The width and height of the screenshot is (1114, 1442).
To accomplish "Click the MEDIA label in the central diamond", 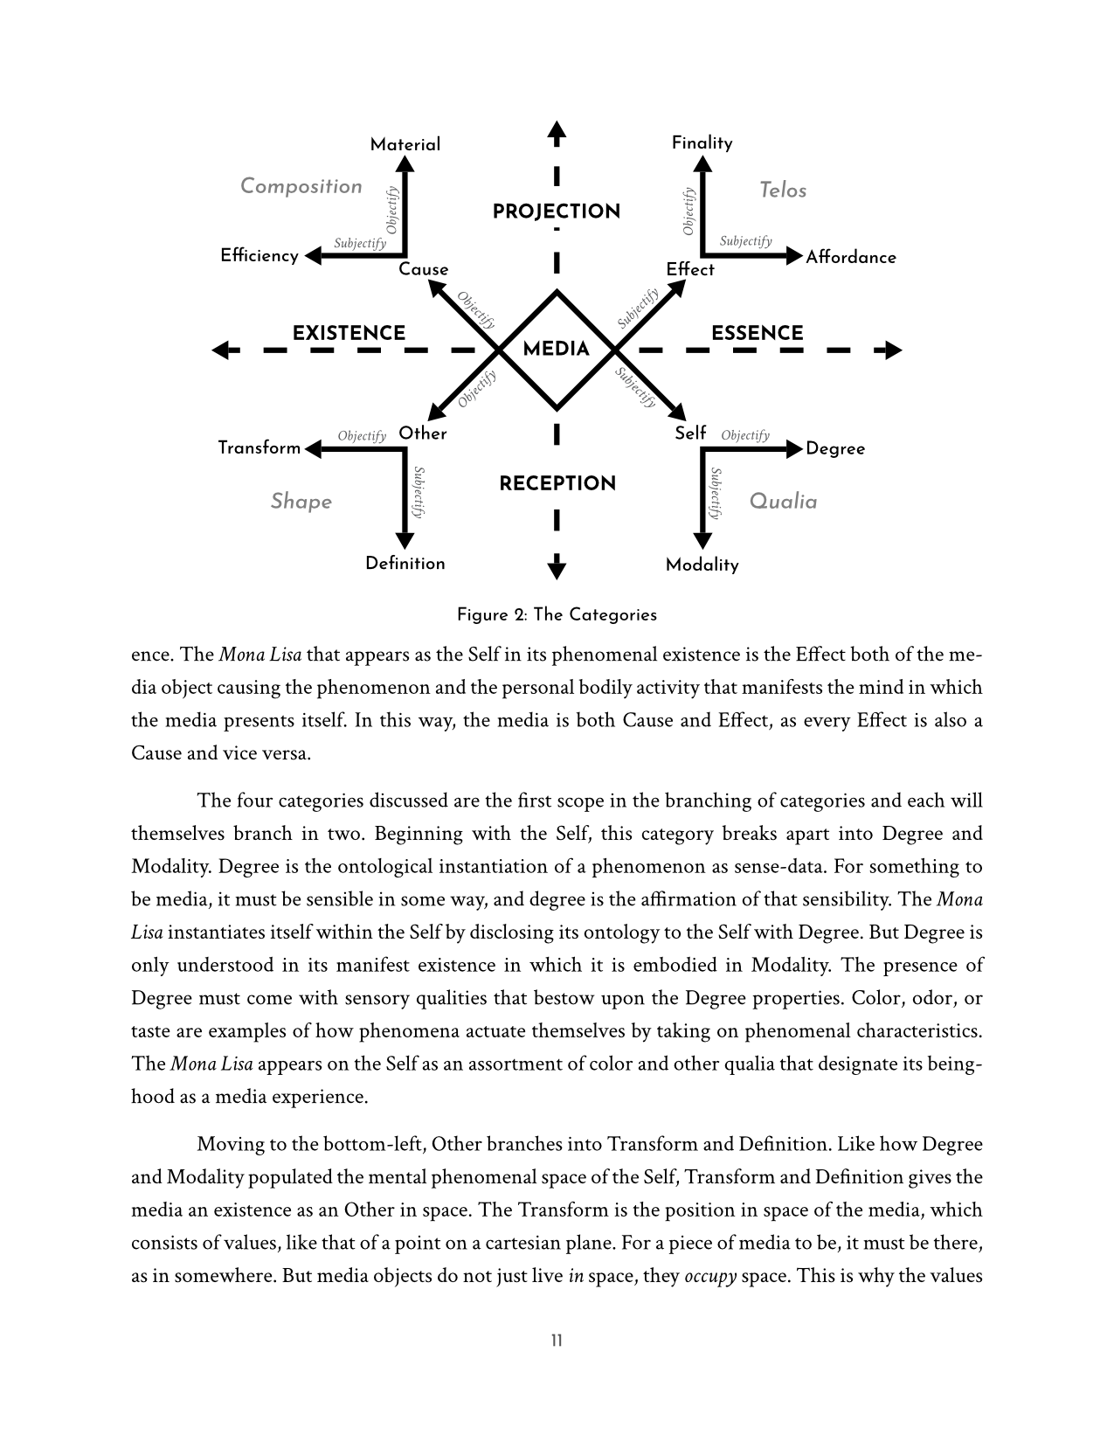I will coord(556,350).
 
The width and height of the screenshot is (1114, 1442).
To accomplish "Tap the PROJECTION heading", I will coord(556,211).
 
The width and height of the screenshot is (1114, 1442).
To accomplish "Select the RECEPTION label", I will coord(557,483).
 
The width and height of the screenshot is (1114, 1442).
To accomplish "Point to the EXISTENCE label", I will coord(349,333).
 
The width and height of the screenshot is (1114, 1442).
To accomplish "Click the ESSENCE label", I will coord(757,333).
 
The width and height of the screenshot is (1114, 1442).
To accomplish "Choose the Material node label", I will coord(405,144).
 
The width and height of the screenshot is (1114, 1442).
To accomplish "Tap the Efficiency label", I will coord(259,255).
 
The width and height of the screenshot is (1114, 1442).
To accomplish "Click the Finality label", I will coord(702,142).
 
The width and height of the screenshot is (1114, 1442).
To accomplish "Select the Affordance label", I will coord(851,257).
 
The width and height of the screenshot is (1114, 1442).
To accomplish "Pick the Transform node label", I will coord(259,447).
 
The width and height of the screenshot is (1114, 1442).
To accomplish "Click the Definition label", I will coord(405,563).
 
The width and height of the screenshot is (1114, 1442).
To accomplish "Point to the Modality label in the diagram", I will coord(702,565).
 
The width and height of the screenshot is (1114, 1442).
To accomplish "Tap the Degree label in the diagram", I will coord(835,448).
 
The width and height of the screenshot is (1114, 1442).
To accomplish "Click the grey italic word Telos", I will coord(783,190).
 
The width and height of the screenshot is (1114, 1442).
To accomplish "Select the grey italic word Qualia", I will coord(784,501).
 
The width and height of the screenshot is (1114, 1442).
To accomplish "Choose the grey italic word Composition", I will coord(301,186).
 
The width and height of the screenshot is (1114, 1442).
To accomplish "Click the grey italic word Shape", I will coord(301,501).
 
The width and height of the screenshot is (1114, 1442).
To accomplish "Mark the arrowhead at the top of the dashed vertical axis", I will coord(557,131).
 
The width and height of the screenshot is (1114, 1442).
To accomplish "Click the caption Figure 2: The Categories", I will coord(557,614).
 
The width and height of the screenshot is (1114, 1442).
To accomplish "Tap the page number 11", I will coord(557,1341).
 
